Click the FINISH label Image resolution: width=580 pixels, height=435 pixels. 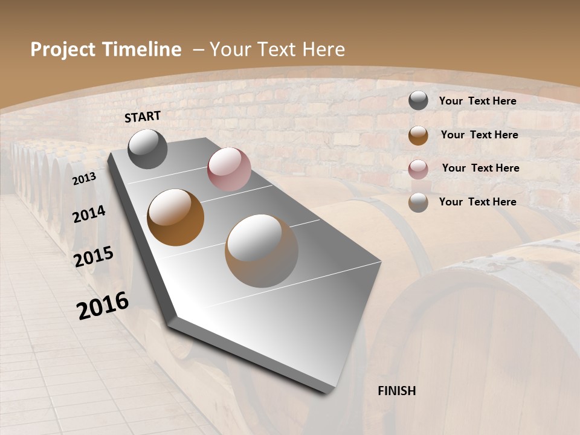point(397,391)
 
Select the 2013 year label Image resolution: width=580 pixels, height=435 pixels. point(84,179)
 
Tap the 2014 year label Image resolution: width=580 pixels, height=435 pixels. point(89,214)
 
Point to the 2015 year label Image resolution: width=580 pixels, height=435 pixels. point(94,257)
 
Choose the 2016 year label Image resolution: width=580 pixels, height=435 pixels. point(103,306)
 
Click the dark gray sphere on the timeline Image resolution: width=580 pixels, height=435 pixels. point(148,149)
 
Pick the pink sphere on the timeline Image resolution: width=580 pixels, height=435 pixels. point(229,169)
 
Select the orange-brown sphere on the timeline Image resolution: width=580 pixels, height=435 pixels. point(176,217)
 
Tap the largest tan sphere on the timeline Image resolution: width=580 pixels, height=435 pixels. point(262,251)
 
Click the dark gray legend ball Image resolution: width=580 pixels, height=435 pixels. point(418,101)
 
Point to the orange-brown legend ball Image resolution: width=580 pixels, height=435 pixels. point(418,135)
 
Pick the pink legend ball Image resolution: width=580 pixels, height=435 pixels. point(418,169)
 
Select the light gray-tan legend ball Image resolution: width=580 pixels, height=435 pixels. point(418,202)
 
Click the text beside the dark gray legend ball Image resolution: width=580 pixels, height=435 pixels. point(477,101)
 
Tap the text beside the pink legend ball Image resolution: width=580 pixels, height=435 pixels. point(480,168)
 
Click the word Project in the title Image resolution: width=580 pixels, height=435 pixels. point(64,50)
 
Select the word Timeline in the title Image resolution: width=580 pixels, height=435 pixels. point(146,50)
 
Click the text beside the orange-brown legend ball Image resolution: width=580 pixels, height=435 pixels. point(479,135)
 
